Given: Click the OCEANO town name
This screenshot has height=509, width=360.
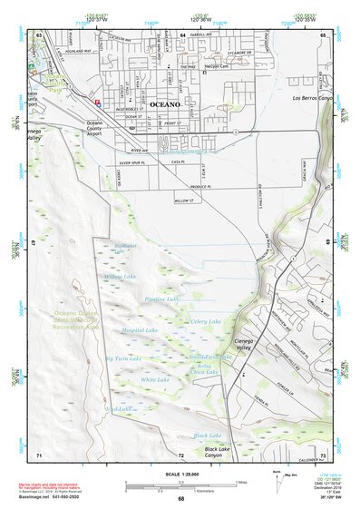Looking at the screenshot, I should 164,104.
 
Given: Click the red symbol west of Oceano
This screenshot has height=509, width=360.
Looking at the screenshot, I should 97,103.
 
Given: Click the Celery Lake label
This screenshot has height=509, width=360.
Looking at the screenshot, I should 206,321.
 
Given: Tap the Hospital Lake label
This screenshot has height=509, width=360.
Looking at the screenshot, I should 140,330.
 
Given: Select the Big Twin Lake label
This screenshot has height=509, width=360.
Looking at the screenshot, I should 122,358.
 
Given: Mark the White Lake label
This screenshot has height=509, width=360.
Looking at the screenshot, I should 155,379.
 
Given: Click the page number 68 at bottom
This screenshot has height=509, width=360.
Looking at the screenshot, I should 180,499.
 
